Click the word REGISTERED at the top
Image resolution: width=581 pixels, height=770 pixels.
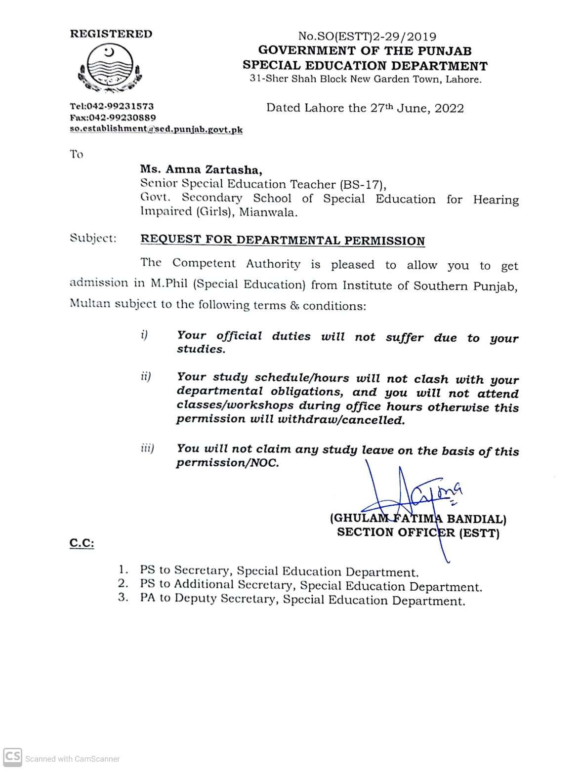click(111, 34)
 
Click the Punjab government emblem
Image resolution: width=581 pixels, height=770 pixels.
click(110, 68)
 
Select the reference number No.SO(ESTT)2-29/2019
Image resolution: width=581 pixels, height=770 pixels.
click(367, 37)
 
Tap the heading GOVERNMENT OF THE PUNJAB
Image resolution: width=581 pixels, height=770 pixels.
click(365, 51)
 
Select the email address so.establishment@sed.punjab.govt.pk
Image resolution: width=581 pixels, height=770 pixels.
click(156, 130)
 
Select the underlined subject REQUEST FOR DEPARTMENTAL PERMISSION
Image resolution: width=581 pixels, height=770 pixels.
click(283, 241)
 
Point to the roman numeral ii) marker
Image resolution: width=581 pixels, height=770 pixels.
click(145, 377)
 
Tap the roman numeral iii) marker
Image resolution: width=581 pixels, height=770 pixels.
click(147, 448)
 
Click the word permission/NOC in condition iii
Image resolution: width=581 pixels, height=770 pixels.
click(227, 463)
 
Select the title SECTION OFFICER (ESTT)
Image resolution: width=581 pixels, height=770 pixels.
click(418, 533)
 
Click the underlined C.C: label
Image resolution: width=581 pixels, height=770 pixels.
click(82, 543)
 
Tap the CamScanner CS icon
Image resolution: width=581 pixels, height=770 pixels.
click(13, 757)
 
